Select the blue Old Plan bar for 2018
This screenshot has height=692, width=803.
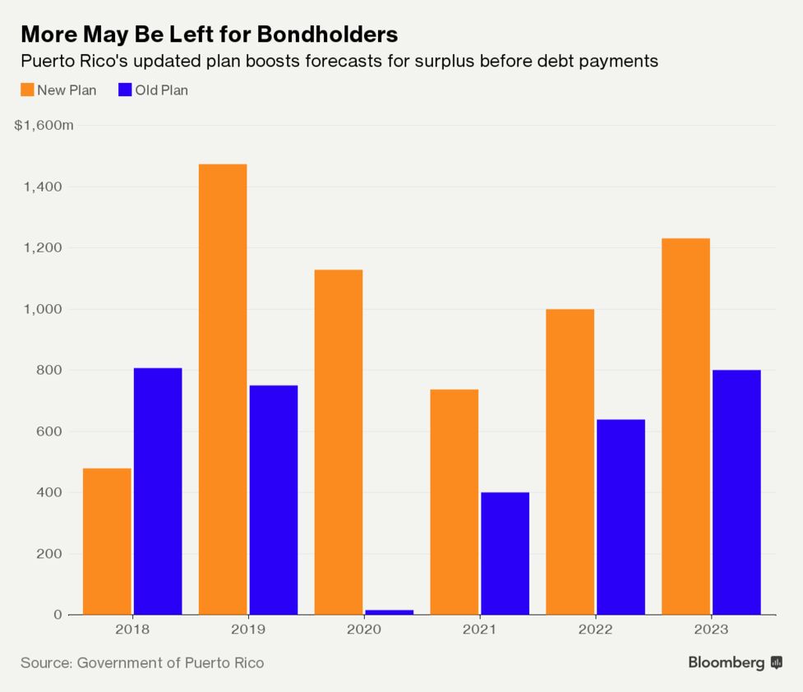pyautogui.click(x=158, y=491)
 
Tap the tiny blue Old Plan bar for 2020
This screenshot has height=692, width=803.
pyautogui.click(x=390, y=611)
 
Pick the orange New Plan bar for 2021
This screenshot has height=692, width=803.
pyautogui.click(x=455, y=501)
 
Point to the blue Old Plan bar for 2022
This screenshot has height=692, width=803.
pyautogui.click(x=621, y=517)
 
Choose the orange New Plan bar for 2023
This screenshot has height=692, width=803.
pyautogui.click(x=686, y=426)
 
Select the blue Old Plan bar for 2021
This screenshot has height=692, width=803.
pyautogui.click(x=505, y=553)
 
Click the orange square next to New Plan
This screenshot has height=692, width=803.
pyautogui.click(x=27, y=90)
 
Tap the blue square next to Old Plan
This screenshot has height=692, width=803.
pyautogui.click(x=125, y=90)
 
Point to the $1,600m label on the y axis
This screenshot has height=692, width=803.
pyautogui.click(x=44, y=126)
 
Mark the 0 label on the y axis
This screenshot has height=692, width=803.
pyautogui.click(x=58, y=615)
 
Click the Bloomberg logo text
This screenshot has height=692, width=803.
pyautogui.click(x=727, y=662)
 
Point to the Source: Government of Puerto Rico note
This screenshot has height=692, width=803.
pyautogui.click(x=142, y=662)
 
